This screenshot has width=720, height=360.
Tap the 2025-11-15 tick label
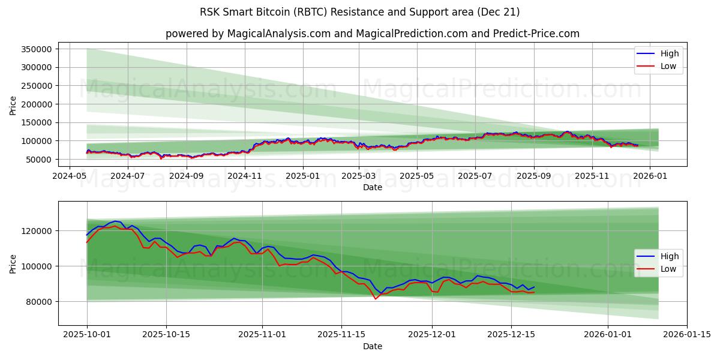pos(341,335)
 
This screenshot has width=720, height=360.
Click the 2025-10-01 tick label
pos(87,335)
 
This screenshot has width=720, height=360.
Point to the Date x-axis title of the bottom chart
pos(373,346)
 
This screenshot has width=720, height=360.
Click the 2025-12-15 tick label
pos(511,335)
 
